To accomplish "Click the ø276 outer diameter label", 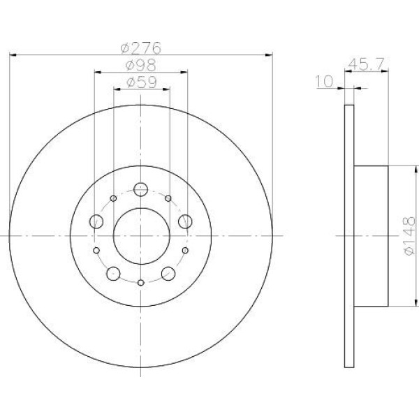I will pos(140,48).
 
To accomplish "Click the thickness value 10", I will pos(323,82).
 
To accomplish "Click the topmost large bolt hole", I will pos(140,189).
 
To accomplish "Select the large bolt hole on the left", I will pos(96,222).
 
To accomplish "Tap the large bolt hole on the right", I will pos(185,222).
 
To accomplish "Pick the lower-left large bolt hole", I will pos(113,273).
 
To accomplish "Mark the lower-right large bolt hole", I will pos(168,273).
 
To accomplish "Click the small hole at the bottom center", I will pos(140,282).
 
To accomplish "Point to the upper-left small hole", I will pos(113,198).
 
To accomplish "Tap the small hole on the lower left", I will pos(96,249).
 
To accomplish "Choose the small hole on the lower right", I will pos(185,249).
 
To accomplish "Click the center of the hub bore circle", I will pos(140,236).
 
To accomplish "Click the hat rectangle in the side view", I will pos(372,236).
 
